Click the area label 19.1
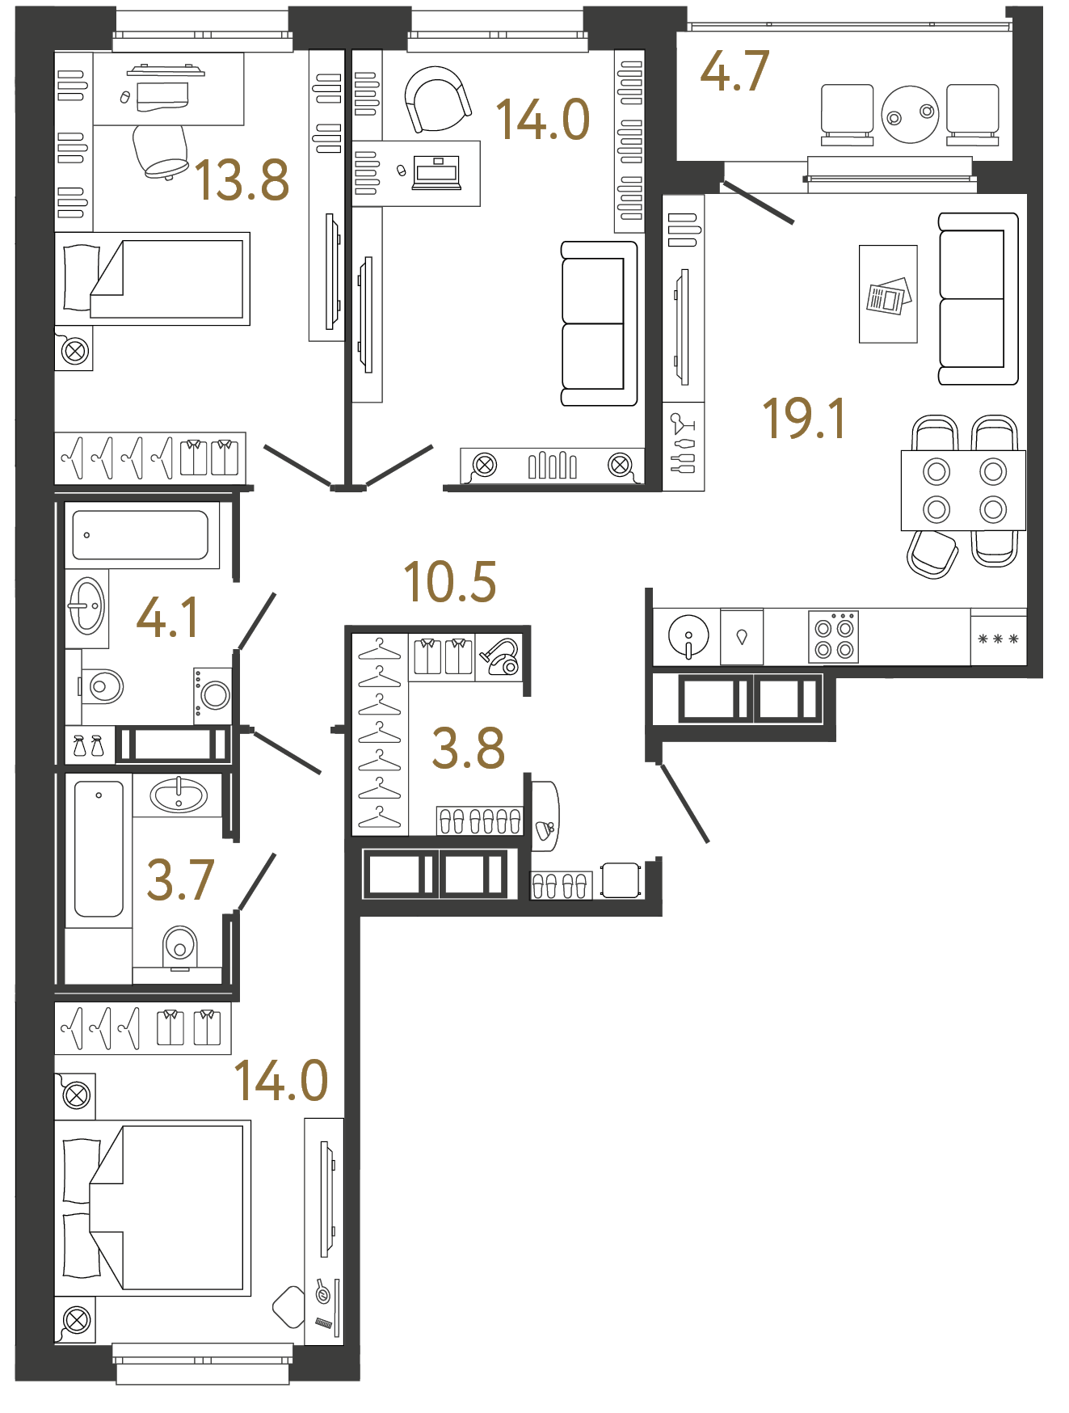(804, 419)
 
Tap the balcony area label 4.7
(734, 71)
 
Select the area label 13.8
(242, 180)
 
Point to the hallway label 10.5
(449, 582)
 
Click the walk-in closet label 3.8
(468, 749)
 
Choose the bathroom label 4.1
(167, 618)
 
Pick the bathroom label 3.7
(180, 880)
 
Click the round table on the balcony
(910, 115)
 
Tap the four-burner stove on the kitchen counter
(834, 638)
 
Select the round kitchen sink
(688, 635)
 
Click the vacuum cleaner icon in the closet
(501, 656)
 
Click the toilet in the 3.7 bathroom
(180, 945)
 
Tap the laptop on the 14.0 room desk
(436, 172)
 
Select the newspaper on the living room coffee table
(888, 297)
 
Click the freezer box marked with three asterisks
(998, 639)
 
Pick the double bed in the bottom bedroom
(154, 1208)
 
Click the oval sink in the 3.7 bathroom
(179, 795)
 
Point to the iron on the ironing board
(545, 827)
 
